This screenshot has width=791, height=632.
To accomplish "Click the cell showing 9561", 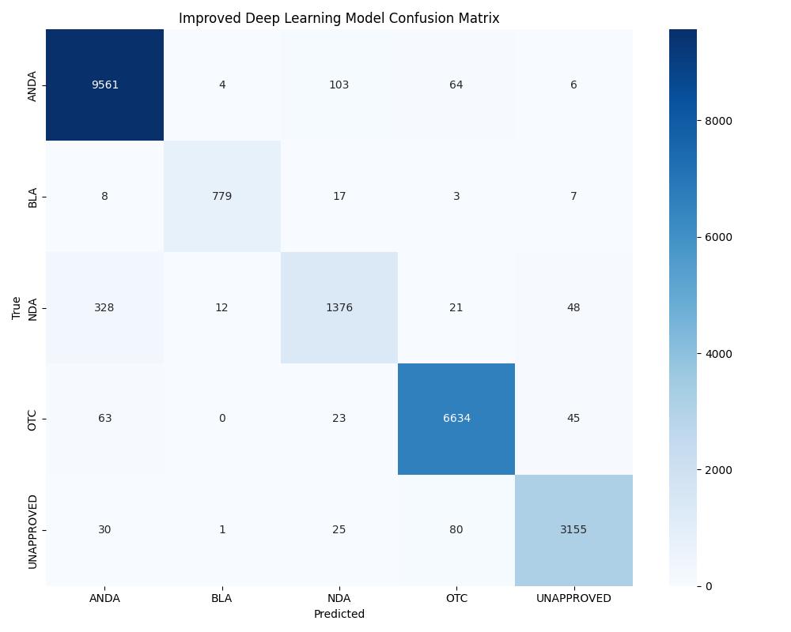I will click(104, 85).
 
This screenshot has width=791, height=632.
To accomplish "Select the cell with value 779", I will click(221, 197).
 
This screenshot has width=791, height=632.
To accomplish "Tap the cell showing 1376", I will click(339, 307).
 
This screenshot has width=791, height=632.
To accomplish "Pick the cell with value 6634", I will click(456, 419).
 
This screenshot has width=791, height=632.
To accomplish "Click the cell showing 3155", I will click(573, 530).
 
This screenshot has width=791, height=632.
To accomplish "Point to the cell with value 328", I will click(104, 307).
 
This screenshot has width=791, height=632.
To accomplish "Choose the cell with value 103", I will click(339, 85).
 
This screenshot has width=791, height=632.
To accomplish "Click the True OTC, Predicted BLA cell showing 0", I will click(221, 419).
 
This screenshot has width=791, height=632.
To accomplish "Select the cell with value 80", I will click(456, 530).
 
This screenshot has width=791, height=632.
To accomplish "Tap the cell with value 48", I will click(573, 307).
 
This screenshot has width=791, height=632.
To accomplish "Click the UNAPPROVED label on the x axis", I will click(573, 599).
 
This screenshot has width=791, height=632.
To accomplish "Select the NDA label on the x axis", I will click(339, 599).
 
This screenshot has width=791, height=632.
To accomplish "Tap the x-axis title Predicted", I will click(339, 614).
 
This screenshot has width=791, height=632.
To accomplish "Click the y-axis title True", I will click(17, 308).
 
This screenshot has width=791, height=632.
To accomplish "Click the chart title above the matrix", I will click(339, 18).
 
